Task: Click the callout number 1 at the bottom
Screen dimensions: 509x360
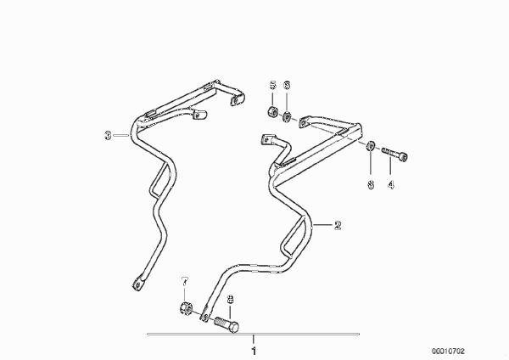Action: point(254,351)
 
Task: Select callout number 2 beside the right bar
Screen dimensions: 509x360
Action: point(338,225)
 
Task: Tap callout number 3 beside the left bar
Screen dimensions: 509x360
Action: point(108,135)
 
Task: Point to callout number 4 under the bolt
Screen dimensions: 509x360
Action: point(391,184)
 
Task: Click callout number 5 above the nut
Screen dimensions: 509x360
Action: point(272,85)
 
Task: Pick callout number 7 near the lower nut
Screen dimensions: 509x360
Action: point(185,282)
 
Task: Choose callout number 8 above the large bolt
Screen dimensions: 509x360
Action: point(230,299)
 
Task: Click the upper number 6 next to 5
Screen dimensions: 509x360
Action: point(287,85)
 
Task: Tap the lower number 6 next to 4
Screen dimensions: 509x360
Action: point(371,184)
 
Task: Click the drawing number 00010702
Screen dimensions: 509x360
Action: point(448,352)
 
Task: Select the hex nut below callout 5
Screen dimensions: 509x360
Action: point(272,112)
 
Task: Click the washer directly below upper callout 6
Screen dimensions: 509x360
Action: point(287,116)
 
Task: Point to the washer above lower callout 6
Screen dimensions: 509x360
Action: point(371,146)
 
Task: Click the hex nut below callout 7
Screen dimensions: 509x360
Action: point(186,307)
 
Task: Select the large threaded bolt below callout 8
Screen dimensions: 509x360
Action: point(227,324)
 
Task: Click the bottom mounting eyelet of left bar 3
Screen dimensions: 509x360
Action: point(137,284)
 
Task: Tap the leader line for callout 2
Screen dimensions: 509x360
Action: point(323,225)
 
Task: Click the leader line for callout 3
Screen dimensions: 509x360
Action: point(121,135)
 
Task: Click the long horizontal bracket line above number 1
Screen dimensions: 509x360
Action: point(253,334)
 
